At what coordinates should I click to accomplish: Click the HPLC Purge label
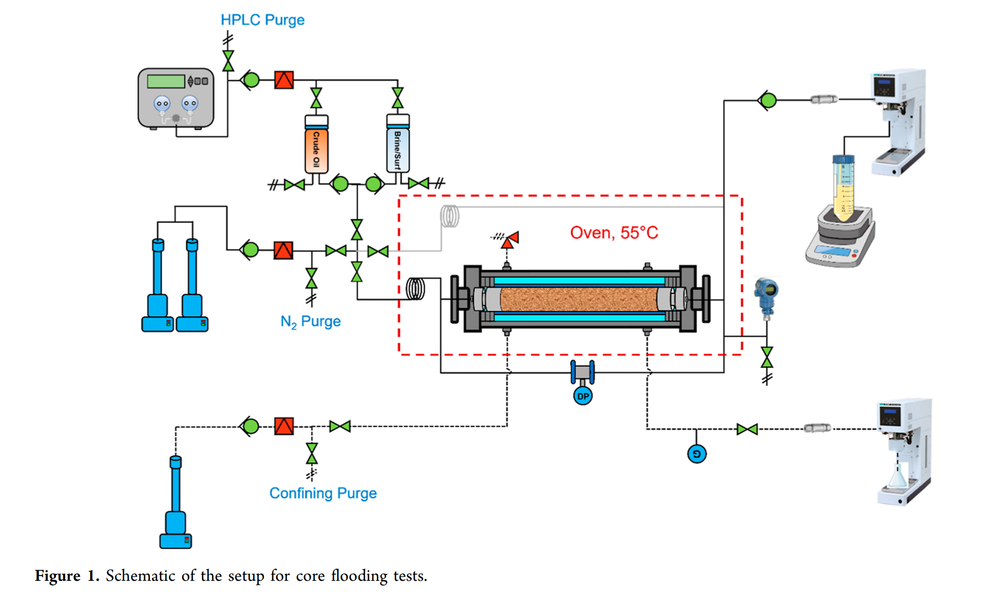pyautogui.click(x=262, y=20)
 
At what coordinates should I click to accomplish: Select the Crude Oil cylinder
pyautogui.click(x=316, y=146)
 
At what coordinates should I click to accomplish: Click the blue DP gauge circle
pyautogui.click(x=583, y=396)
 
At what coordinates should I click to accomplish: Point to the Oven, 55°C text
pyautogui.click(x=614, y=233)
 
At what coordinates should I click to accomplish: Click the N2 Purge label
pyautogui.click(x=310, y=322)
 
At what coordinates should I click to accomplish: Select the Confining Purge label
pyautogui.click(x=323, y=493)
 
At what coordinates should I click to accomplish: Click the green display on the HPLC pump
pyautogui.click(x=166, y=81)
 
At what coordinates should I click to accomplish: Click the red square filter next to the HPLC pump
pyautogui.click(x=284, y=80)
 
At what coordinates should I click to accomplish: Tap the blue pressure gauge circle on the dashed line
pyautogui.click(x=697, y=454)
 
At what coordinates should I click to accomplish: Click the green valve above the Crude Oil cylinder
pyautogui.click(x=316, y=98)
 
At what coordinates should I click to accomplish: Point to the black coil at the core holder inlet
pyautogui.click(x=415, y=289)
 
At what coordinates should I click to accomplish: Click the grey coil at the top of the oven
pyautogui.click(x=449, y=216)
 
